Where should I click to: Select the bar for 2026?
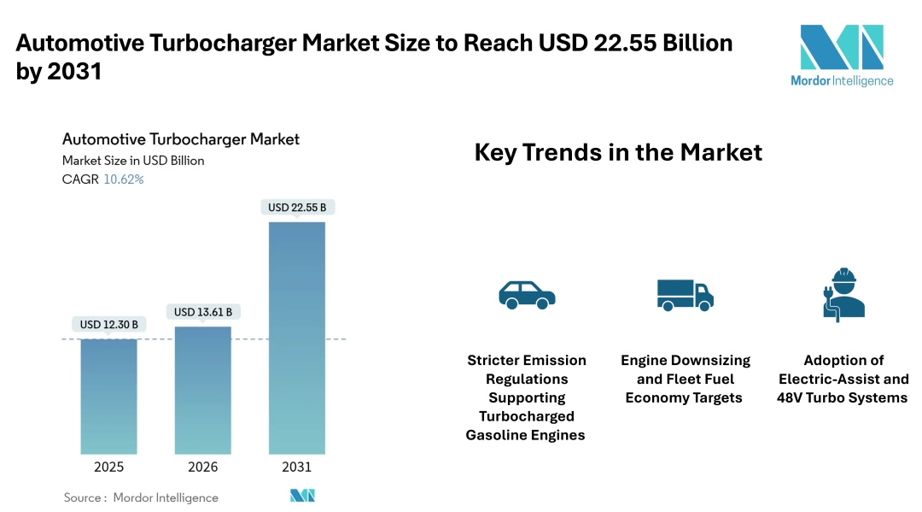point(203,390)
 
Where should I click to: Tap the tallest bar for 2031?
point(297,338)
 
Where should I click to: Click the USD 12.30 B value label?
point(109,325)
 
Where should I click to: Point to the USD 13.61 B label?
point(203,312)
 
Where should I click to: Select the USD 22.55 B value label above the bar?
point(297,208)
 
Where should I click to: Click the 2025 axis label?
point(109,467)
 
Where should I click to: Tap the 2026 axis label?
point(203,467)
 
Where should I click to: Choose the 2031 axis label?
point(297,467)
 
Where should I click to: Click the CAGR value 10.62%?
point(124,179)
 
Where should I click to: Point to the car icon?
point(527,294)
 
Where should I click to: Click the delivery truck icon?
point(685,294)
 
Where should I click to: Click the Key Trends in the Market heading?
point(618,153)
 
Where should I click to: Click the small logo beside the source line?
point(303,496)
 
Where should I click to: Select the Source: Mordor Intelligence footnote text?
point(141,497)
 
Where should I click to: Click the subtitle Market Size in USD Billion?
point(133,160)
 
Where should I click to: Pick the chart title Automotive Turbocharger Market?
point(181,138)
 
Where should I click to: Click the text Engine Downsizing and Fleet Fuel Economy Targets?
point(685,379)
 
